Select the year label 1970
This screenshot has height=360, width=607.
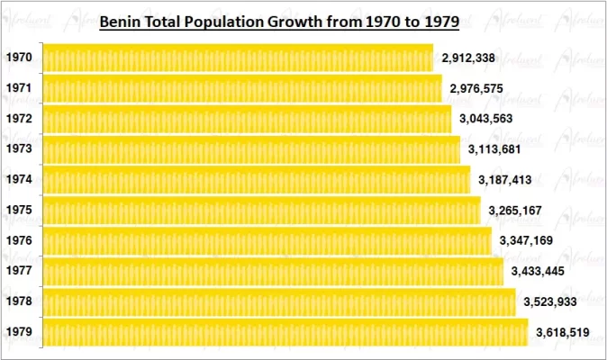(19, 58)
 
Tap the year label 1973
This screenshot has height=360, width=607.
(19, 149)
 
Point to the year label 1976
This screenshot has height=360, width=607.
(19, 240)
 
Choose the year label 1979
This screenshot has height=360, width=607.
(19, 332)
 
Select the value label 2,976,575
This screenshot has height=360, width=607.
(479, 88)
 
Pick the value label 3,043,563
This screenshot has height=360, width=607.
(488, 119)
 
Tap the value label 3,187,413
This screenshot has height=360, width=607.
(507, 180)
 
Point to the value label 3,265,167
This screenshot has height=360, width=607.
(517, 211)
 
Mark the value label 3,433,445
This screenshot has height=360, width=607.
(539, 271)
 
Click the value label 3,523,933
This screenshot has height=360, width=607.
(551, 301)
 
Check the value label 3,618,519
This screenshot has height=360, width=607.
(563, 332)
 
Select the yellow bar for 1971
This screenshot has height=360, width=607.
(241, 88)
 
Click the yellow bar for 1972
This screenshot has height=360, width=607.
(246, 119)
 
